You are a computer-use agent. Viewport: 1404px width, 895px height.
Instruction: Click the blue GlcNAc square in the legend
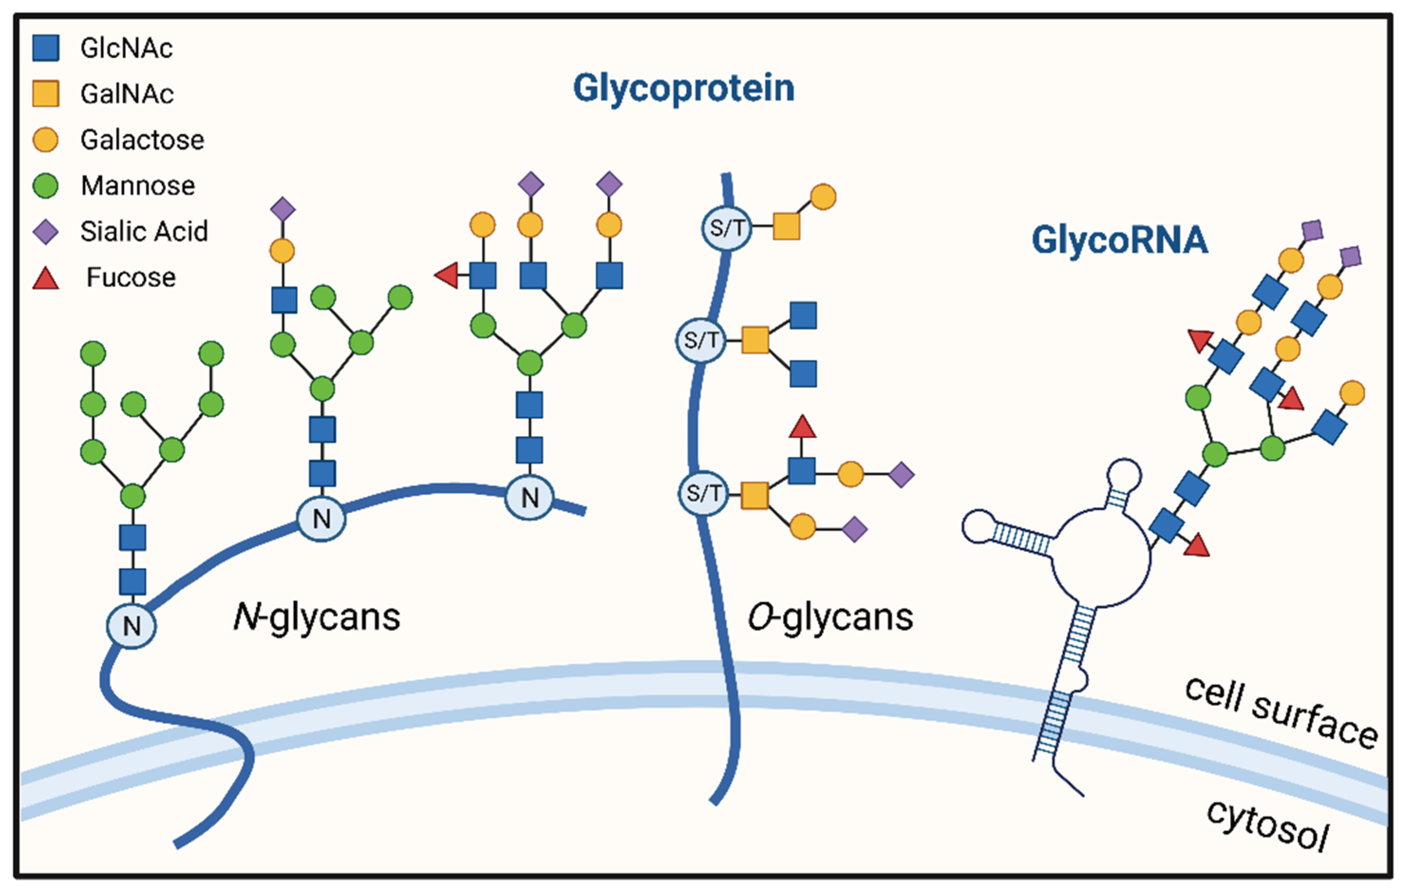[x=46, y=48]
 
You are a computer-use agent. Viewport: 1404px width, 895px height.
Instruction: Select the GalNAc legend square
[x=46, y=94]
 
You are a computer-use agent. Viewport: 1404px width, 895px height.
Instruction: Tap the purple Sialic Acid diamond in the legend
[x=46, y=232]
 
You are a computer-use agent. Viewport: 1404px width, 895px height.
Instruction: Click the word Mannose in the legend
[x=138, y=186]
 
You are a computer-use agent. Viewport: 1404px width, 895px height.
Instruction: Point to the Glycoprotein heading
[x=683, y=89]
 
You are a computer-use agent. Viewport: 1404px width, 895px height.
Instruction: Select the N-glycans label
[x=317, y=617]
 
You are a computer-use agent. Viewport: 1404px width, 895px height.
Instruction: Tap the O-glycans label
[x=830, y=617]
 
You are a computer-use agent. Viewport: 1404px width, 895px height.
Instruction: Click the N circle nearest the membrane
[x=131, y=625]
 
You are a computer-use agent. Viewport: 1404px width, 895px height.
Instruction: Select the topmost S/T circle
[x=727, y=228]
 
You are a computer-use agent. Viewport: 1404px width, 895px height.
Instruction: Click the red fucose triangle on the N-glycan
[x=447, y=275]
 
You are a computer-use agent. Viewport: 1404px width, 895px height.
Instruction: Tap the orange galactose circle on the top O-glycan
[x=823, y=197]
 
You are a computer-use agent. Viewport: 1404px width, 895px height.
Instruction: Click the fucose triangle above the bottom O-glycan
[x=802, y=428]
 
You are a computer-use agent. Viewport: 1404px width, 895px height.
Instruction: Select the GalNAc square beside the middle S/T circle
[x=755, y=340]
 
